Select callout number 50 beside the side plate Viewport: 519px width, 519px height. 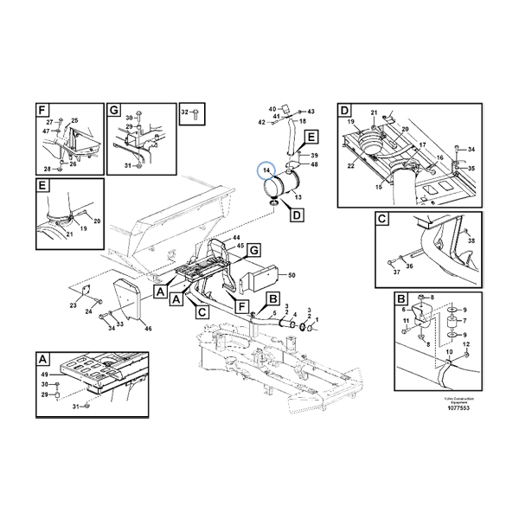[x=292, y=275]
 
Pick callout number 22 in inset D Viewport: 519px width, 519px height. [x=350, y=165]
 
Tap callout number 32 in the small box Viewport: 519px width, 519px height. [x=185, y=113]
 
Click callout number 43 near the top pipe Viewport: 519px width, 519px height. [x=312, y=112]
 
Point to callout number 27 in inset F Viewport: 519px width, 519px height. [x=49, y=122]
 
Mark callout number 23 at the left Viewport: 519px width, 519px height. [x=74, y=306]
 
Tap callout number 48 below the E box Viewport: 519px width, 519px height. [x=314, y=164]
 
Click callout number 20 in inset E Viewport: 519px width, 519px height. [x=97, y=221]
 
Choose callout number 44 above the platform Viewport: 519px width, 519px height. [x=234, y=238]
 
